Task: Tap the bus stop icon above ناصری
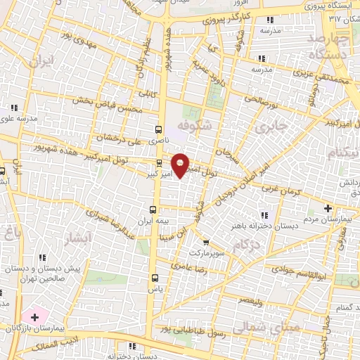pyautogui.click(x=159, y=129)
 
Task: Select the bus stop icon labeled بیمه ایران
pyautogui.click(x=153, y=210)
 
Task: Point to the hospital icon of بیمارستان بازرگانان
pyautogui.click(x=34, y=318)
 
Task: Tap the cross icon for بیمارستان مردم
pyautogui.click(x=328, y=208)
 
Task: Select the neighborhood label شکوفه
pyautogui.click(x=194, y=124)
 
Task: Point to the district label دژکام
pyautogui.click(x=245, y=243)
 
